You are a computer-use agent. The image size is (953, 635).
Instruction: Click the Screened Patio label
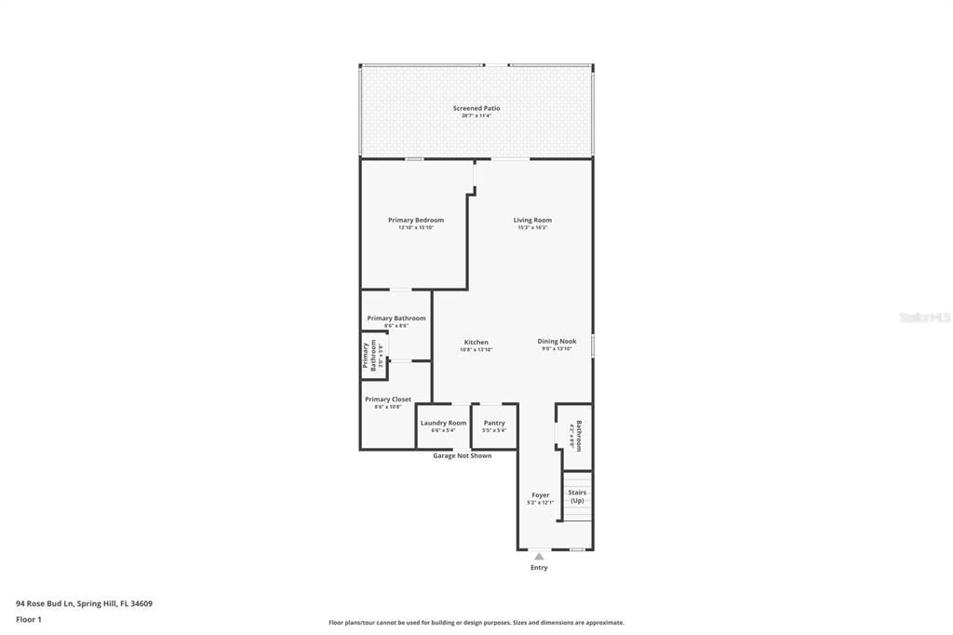coord(476,108)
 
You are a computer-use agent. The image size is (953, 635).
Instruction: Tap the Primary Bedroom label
coord(416,220)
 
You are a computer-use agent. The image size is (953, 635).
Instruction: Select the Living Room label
coord(532,220)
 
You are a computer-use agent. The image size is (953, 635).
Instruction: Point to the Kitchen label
coord(476,342)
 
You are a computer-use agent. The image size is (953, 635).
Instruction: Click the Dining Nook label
coord(557,341)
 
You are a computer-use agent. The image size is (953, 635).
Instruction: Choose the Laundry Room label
coord(443,423)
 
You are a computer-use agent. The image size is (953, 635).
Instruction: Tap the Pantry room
coord(494,426)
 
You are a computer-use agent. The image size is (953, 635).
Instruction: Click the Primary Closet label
coord(388,399)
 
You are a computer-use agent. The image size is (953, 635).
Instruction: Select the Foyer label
coord(541,494)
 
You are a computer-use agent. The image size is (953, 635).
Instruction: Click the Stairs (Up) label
coord(577,496)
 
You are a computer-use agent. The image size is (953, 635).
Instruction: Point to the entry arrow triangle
coord(539,557)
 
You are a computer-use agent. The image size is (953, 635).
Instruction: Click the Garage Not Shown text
coord(463,456)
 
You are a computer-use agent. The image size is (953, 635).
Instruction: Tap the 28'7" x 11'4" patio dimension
coord(476,116)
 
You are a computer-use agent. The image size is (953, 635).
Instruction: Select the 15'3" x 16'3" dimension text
coord(532,228)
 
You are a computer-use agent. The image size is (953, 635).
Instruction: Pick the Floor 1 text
coord(29,619)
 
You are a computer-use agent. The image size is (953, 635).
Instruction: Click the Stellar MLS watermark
coord(925,317)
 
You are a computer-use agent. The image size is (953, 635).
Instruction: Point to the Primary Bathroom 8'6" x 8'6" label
coord(396,321)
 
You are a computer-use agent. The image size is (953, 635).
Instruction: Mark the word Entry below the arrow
coord(539,567)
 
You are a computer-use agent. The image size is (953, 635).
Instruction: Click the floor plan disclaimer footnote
coord(476,623)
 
